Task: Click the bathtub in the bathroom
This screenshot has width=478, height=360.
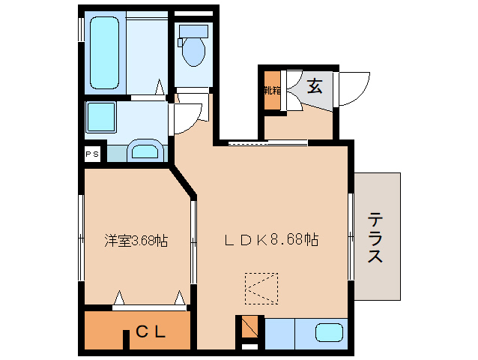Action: pos(105,52)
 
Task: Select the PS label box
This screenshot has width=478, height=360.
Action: pos(91,154)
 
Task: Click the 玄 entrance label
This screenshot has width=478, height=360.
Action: pos(315,86)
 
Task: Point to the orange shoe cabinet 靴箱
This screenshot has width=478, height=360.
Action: pos(270,91)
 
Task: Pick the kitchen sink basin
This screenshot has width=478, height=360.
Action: pos(329,333)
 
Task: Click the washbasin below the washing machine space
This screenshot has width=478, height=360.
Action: pos(145,152)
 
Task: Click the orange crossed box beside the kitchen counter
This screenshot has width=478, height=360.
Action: pos(249,328)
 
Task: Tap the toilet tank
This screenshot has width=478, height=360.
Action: pos(193,31)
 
